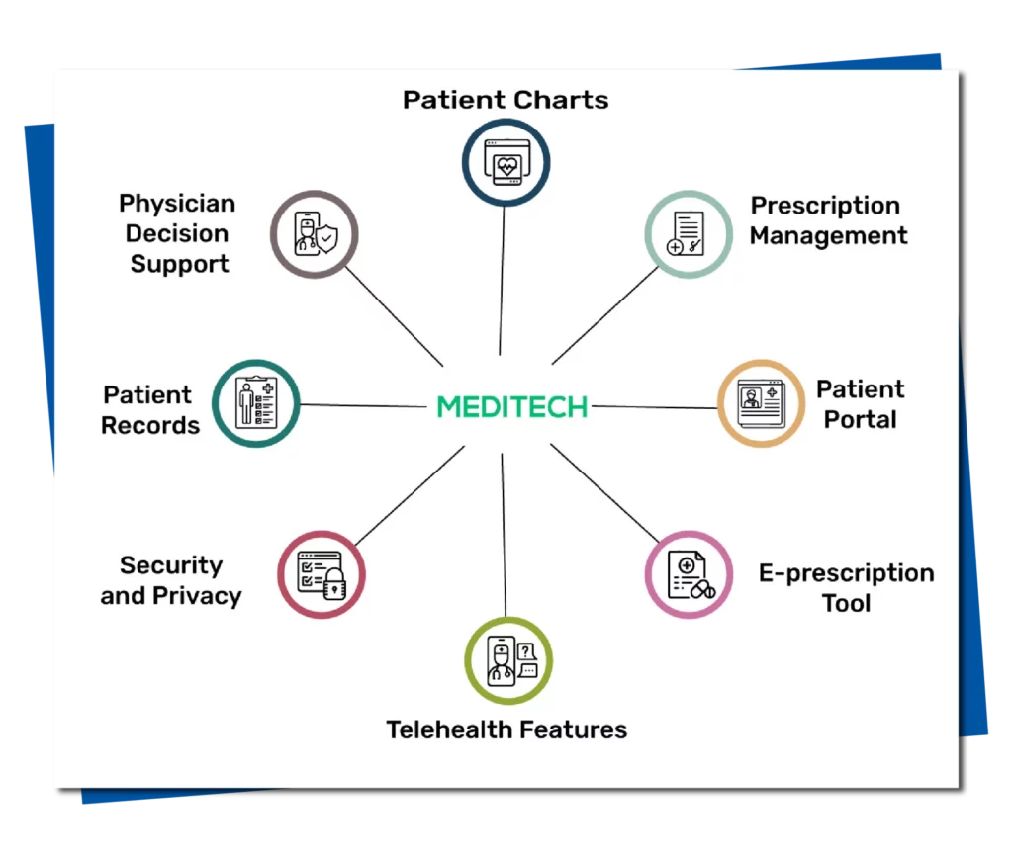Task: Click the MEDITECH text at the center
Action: coord(512,407)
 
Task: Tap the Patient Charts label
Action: coord(506,100)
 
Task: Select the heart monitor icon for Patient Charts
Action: coord(506,163)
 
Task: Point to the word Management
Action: coord(828,236)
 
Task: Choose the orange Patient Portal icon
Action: coord(761,403)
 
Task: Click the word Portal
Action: coord(861,420)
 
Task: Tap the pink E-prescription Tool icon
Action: coord(689,574)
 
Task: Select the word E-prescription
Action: coord(847,574)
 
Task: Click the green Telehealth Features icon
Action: coord(508,660)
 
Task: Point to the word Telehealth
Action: coord(449,729)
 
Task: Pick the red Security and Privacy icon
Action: coord(322,574)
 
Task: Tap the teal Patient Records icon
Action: coord(256,403)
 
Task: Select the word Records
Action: coord(150,425)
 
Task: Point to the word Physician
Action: coord(177,205)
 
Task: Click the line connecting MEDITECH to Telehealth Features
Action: coord(504,535)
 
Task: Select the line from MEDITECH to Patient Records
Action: coord(363,406)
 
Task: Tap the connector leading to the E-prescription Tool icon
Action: coord(604,492)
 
